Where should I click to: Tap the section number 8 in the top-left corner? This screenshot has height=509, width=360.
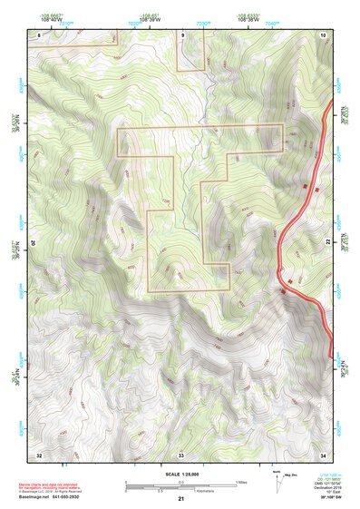point(38,34)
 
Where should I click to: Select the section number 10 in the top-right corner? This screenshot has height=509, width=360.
point(323,34)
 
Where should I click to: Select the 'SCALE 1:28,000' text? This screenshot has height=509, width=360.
point(180,475)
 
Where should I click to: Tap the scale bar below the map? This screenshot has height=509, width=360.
point(180,485)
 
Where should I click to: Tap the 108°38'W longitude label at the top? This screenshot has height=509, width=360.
point(248,19)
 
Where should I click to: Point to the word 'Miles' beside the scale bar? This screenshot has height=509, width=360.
point(241,482)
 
